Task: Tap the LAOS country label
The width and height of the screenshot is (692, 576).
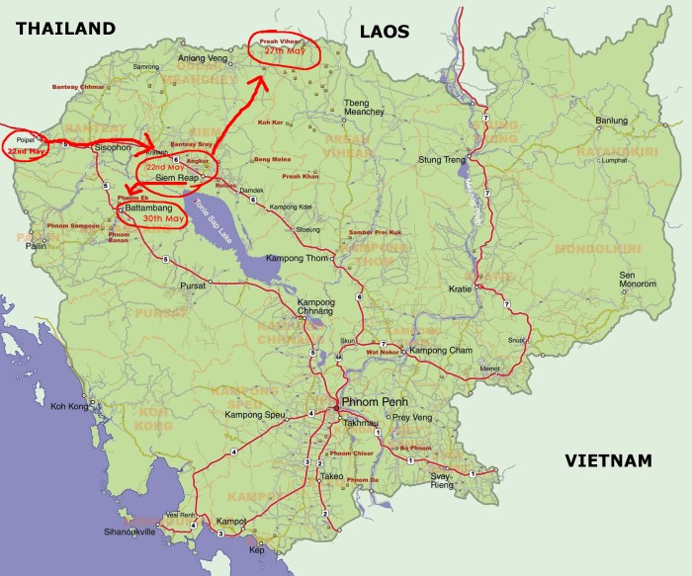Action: tap(384, 32)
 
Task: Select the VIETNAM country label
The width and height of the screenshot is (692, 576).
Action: tap(609, 460)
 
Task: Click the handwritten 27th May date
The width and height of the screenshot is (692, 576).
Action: tap(281, 50)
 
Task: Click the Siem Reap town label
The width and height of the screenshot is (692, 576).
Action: tap(178, 178)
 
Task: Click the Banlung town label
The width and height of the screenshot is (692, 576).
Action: tap(611, 121)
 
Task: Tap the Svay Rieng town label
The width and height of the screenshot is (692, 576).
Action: tap(440, 481)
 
